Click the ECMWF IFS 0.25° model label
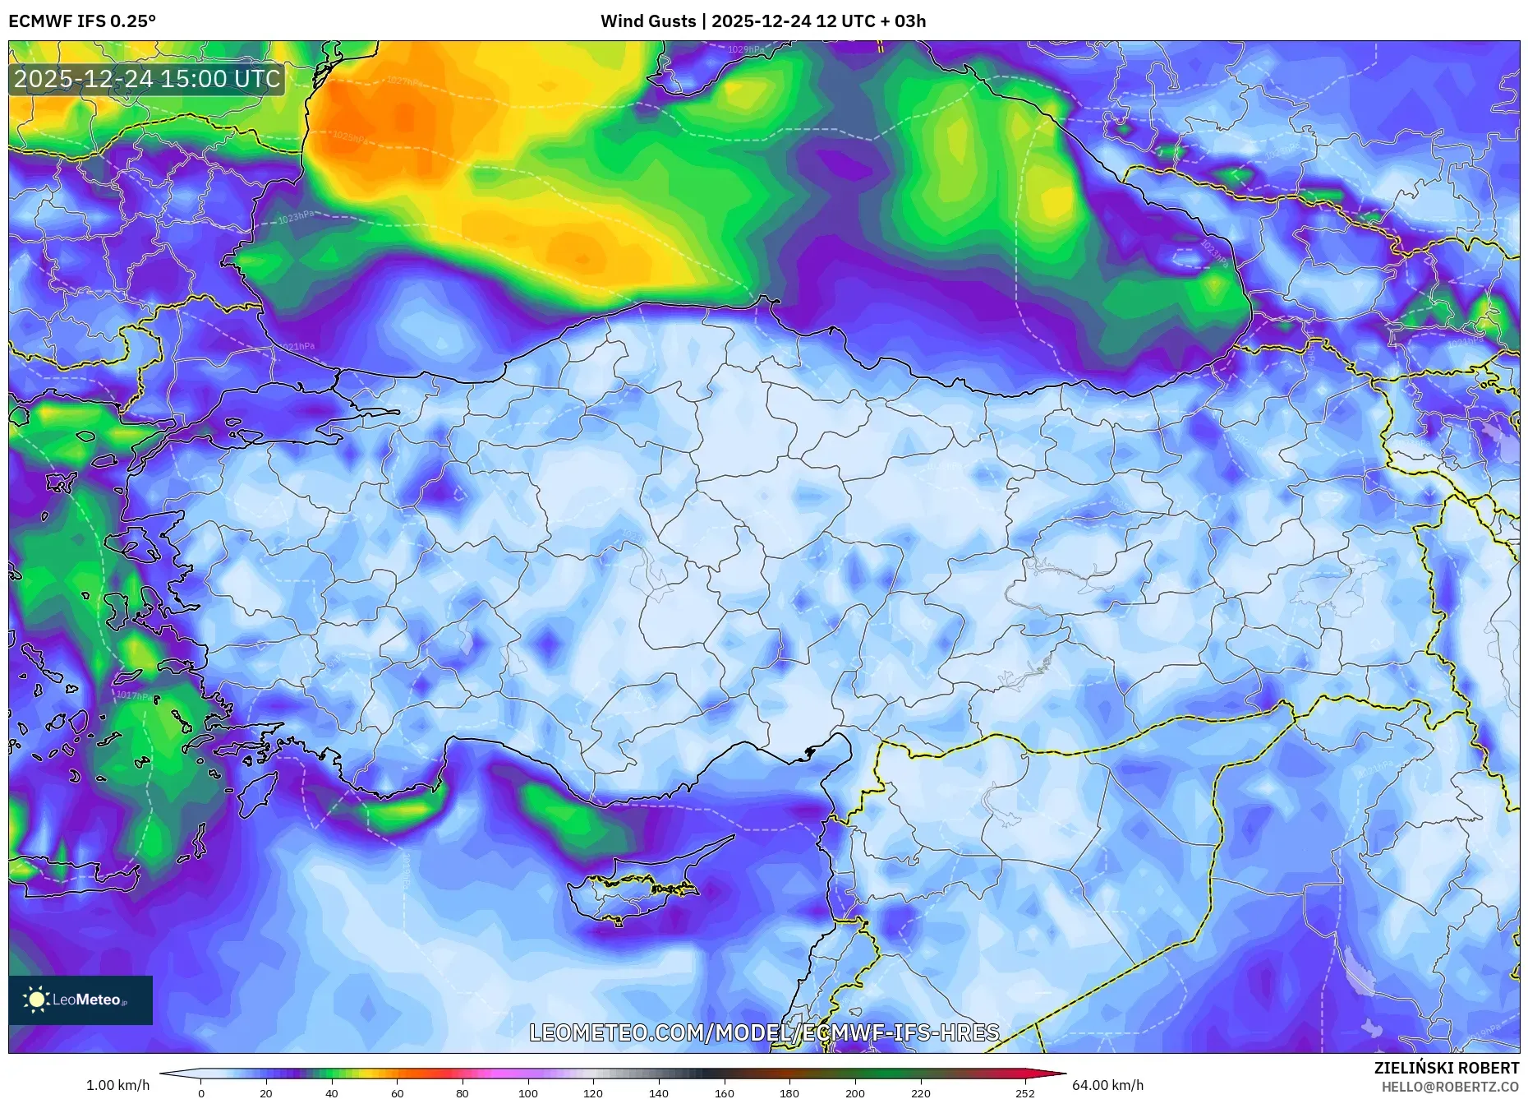pos(82,21)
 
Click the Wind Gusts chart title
pos(762,21)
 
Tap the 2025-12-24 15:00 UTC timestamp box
pos(147,79)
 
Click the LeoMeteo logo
pos(81,1000)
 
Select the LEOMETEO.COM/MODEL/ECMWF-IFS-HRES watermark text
pos(764,1032)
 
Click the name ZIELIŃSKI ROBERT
pos(1446,1068)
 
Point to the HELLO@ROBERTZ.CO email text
pos(1449,1087)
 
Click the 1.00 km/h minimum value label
pos(117,1085)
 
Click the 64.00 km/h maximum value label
pos(1107,1085)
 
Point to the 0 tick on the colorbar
pos(201,1093)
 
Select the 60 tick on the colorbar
pos(398,1093)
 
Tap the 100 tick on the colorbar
pos(528,1093)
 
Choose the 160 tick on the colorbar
pos(725,1093)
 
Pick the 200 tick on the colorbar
pos(855,1093)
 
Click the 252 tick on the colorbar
pos(1024,1093)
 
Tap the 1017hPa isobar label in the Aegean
pos(134,695)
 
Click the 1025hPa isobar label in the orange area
pos(351,136)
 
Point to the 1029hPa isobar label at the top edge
pos(745,49)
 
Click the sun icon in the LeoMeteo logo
pos(37,1000)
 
